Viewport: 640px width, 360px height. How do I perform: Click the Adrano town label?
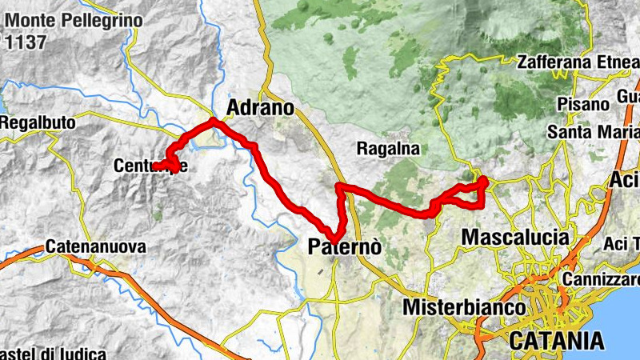click(x=261, y=107)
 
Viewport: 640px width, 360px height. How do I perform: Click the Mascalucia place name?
click(x=516, y=238)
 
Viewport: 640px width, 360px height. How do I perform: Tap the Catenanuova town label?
click(x=96, y=247)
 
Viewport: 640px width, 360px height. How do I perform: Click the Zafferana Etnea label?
click(x=578, y=62)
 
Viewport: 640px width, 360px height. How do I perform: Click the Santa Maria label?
click(x=592, y=131)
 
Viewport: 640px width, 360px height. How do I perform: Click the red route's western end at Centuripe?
click(x=155, y=166)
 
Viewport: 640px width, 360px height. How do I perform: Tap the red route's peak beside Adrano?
click(x=213, y=121)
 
